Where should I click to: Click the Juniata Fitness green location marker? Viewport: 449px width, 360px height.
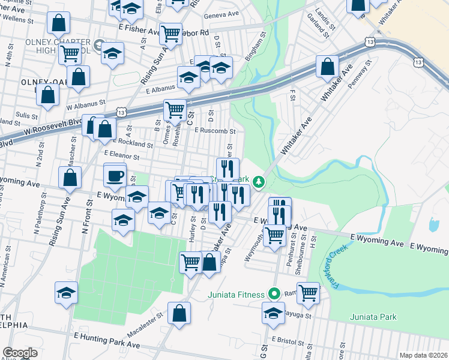pos(274,294)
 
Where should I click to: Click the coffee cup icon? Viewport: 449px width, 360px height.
pos(115,176)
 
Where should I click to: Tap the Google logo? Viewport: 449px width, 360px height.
pos(20,353)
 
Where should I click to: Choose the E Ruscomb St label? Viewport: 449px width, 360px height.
pos(215,130)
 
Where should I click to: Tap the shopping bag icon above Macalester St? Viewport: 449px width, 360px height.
pos(179,313)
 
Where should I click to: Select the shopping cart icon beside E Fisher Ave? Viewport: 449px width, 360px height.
pos(170,34)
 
